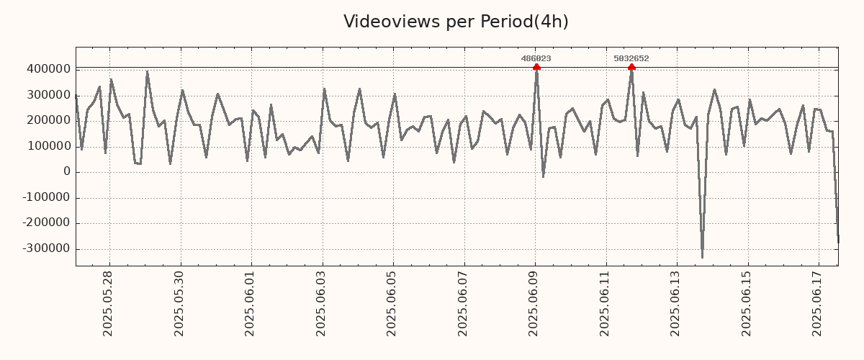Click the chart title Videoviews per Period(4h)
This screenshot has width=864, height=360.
tap(456, 22)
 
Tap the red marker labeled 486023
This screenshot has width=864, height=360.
tap(536, 67)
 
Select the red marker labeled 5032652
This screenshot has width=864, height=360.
tap(631, 67)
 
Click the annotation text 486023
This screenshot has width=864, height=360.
tap(536, 58)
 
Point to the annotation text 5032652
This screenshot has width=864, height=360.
tap(631, 58)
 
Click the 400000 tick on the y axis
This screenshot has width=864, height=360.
tap(48, 69)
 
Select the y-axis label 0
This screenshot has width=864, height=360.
tap(67, 172)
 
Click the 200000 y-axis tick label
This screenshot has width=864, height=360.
tap(48, 121)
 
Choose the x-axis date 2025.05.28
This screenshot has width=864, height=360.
tap(108, 303)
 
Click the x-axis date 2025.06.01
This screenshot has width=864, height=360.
tap(250, 303)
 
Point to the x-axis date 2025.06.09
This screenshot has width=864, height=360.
tap(534, 303)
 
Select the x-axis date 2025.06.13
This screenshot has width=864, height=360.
tap(676, 303)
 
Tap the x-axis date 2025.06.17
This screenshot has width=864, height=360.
tap(818, 303)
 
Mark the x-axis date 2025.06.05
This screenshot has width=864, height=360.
tap(392, 303)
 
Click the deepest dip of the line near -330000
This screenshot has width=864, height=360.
tap(702, 256)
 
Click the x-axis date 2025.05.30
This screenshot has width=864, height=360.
tap(179, 303)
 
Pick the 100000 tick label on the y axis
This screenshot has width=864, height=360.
tap(48, 147)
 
